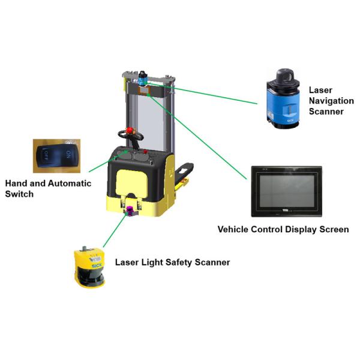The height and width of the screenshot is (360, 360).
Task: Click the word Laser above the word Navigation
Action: point(320,90)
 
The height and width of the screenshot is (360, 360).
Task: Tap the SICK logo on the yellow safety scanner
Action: point(94,262)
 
